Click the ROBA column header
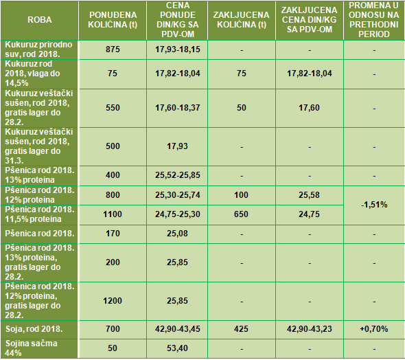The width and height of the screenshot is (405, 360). click(40, 20)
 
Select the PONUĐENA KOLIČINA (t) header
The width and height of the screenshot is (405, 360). click(113, 20)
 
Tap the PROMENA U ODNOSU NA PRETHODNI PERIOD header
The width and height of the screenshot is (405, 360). click(373, 20)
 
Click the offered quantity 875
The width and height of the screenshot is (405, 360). click(113, 49)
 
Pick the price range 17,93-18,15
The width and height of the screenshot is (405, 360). click(178, 49)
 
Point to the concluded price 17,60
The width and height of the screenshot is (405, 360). click(309, 107)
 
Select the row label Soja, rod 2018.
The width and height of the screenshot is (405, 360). click(34, 329)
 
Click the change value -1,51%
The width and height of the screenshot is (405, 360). click(374, 205)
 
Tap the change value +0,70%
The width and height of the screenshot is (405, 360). click(373, 328)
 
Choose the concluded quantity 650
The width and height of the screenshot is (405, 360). click(241, 214)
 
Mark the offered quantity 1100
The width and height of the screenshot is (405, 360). click(113, 214)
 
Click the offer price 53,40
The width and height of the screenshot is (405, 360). click(177, 348)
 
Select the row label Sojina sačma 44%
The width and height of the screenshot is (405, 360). click(32, 348)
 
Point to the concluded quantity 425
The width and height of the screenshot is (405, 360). click(241, 328)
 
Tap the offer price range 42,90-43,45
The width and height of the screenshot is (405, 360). click(178, 328)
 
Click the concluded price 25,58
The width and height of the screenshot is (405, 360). click(309, 194)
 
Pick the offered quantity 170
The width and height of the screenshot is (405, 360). click(113, 234)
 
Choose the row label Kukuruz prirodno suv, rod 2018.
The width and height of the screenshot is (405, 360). click(38, 49)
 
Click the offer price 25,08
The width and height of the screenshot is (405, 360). click(177, 234)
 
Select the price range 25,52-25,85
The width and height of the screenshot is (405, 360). click(178, 175)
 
